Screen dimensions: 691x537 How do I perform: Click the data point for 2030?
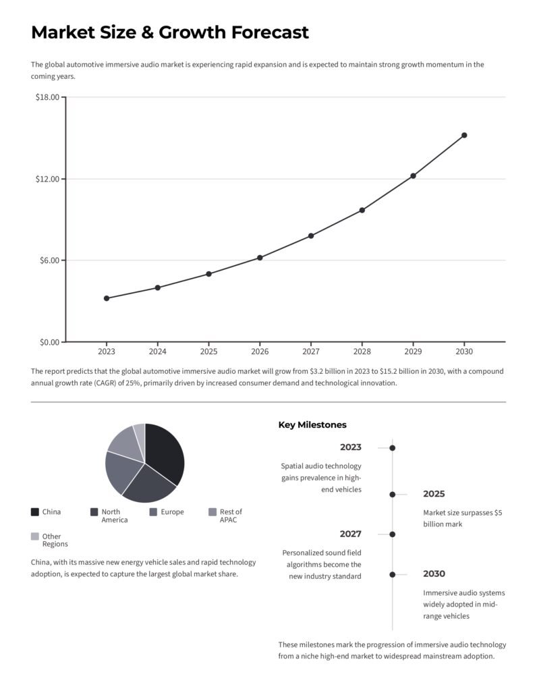point(464,135)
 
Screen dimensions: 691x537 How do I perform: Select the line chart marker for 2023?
point(107,298)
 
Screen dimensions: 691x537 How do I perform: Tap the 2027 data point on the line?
point(311,236)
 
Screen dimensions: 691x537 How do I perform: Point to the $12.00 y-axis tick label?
point(47,179)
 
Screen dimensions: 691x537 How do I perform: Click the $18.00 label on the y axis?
point(47,97)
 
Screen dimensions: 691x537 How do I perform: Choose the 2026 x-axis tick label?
point(260,352)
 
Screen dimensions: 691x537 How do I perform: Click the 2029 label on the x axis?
point(413,352)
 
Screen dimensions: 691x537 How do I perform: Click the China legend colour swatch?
point(35,512)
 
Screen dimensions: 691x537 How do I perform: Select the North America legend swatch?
point(94,512)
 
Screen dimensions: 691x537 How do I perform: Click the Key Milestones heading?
point(312,425)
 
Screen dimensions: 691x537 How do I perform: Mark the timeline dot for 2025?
point(392,494)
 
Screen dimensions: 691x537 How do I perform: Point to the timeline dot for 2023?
point(392,447)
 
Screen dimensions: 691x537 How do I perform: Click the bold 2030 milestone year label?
point(434,574)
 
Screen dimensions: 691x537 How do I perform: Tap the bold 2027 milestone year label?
point(350,534)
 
